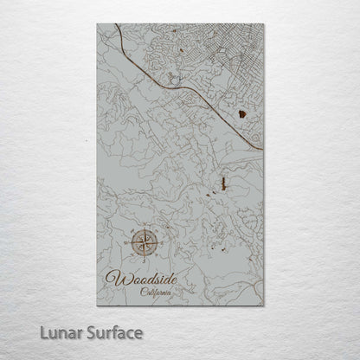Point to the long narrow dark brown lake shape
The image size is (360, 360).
tap(222, 183)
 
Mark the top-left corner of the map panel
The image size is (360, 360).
tap(98, 24)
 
